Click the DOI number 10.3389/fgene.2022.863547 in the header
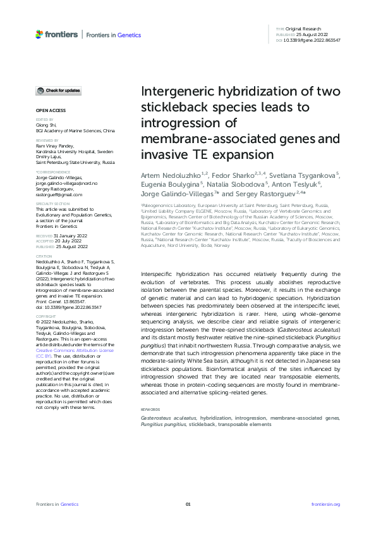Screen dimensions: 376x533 pyautogui.click(x=313, y=40)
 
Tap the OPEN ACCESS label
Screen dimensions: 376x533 pyautogui.click(x=46, y=110)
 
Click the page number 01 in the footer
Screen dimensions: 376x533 pyautogui.click(x=188, y=505)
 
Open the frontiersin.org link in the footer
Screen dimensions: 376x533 pyautogui.click(x=326, y=505)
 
